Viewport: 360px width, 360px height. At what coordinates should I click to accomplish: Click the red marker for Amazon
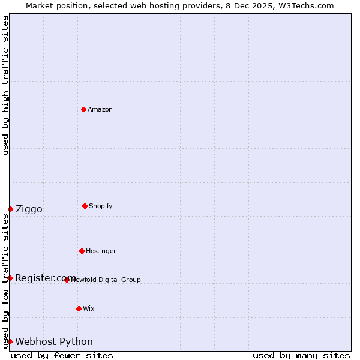pos(84,109)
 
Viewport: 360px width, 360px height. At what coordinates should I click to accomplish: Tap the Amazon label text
pos(100,110)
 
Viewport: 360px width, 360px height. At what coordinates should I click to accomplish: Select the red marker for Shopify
pos(85,206)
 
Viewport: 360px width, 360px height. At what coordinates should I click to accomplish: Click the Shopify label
pos(100,206)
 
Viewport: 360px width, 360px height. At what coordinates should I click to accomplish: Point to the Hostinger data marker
pos(82,251)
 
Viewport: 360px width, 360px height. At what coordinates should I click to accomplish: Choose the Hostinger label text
pos(101,251)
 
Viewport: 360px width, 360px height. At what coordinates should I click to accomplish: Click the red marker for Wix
pos(79,308)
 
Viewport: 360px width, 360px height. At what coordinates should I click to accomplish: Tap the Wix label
pos(89,309)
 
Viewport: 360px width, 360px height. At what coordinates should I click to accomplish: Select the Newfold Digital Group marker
pos(67,280)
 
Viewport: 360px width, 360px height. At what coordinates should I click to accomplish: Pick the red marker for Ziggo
pos(10,209)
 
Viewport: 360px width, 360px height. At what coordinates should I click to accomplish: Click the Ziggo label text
pos(29,209)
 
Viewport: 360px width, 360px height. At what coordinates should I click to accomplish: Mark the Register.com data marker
pos(10,278)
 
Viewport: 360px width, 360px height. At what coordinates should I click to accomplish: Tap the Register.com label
pos(45,278)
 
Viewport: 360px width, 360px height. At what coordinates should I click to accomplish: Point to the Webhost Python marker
pos(10,341)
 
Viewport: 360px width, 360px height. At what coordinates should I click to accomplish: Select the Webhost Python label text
pos(54,342)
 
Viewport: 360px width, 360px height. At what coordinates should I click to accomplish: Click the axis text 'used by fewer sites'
pos(62,355)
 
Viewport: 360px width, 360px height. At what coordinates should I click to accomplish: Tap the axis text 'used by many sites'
pos(301,355)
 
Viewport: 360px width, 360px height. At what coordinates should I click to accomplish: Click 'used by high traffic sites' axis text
pos(5,85)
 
